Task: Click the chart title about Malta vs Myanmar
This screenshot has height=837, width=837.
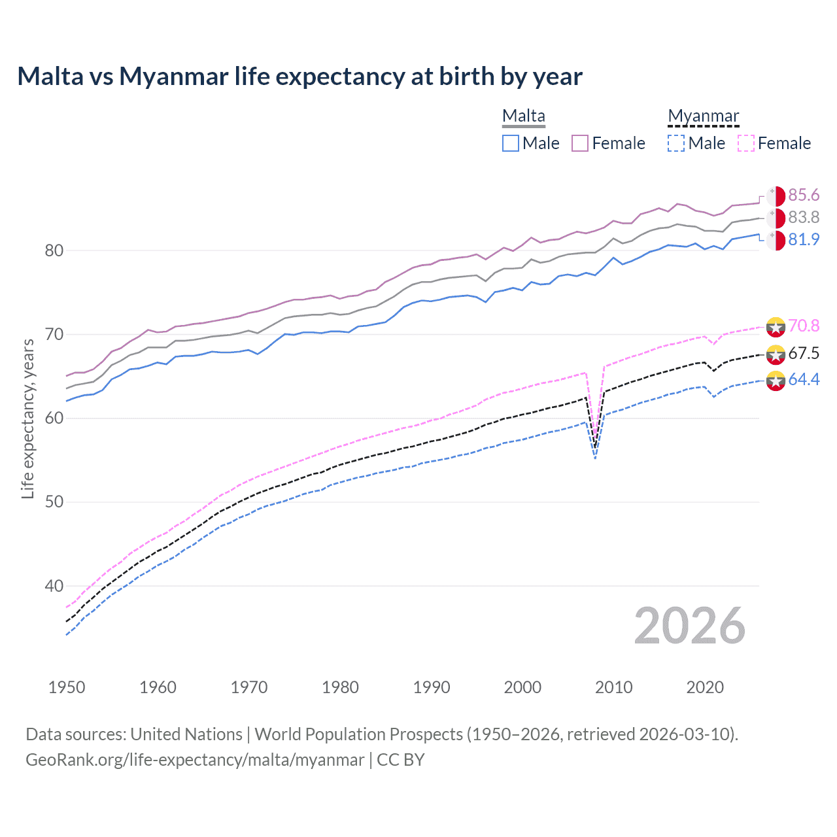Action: pyautogui.click(x=299, y=77)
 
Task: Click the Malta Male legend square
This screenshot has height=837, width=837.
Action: pyautogui.click(x=511, y=143)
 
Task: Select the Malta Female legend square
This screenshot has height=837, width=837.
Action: pyautogui.click(x=580, y=143)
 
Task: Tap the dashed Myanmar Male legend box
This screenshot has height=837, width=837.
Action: pyautogui.click(x=676, y=143)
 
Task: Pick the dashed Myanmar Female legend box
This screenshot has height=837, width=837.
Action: pyautogui.click(x=746, y=143)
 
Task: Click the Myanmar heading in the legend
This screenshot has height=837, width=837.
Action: pyautogui.click(x=703, y=116)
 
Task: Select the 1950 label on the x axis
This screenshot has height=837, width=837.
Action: pyautogui.click(x=67, y=687)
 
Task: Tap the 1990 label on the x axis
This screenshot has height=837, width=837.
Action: pyautogui.click(x=432, y=687)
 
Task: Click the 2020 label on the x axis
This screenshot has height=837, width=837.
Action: pyautogui.click(x=705, y=687)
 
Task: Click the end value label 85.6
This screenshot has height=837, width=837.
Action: pyautogui.click(x=804, y=196)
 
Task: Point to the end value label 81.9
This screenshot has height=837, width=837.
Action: pyautogui.click(x=804, y=240)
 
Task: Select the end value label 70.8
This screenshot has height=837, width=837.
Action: pyautogui.click(x=804, y=326)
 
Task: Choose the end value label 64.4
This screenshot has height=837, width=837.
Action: pyautogui.click(x=804, y=380)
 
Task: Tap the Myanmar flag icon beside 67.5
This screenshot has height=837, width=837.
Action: pyautogui.click(x=776, y=354)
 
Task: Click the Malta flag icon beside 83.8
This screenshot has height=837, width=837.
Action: pyautogui.click(x=776, y=218)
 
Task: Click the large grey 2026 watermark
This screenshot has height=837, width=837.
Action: pyautogui.click(x=689, y=626)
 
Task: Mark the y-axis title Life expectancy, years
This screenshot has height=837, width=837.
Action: pyautogui.click(x=28, y=418)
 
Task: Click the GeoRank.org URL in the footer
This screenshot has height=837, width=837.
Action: pyautogui.click(x=195, y=760)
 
